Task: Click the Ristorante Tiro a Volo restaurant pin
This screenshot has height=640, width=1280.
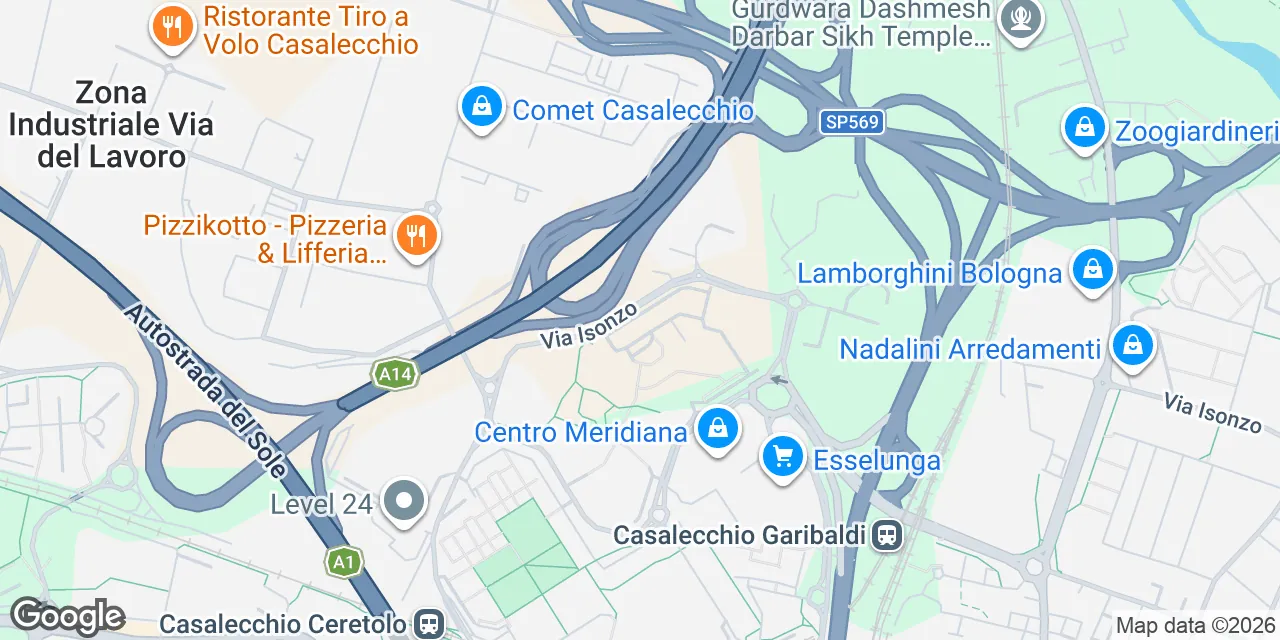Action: (x=172, y=27)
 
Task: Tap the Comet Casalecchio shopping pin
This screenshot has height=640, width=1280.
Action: (x=482, y=105)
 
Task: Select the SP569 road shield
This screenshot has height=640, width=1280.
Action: (x=851, y=122)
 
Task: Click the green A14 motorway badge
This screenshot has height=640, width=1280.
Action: (x=394, y=375)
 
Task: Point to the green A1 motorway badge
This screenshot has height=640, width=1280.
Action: (x=343, y=562)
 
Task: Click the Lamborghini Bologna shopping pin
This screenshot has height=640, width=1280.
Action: (x=1092, y=269)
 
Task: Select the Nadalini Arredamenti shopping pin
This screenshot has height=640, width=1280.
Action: (x=1132, y=346)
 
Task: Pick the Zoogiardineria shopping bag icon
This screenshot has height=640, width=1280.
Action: (x=1083, y=127)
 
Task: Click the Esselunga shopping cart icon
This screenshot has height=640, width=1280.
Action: (x=782, y=457)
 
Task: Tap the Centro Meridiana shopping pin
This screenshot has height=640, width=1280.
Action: (x=717, y=429)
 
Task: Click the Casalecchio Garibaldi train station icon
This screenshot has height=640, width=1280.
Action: (x=886, y=535)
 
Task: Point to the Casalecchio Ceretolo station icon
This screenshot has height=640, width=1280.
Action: (x=429, y=624)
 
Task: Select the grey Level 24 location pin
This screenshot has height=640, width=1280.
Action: (x=404, y=502)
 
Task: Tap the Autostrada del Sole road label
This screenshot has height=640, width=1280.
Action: (x=205, y=390)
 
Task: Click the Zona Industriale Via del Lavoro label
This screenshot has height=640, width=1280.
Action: (x=111, y=125)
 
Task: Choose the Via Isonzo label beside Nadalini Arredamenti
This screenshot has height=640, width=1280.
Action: (x=1212, y=413)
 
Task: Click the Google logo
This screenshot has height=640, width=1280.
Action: (x=67, y=616)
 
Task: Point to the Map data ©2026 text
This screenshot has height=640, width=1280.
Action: (x=1195, y=626)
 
